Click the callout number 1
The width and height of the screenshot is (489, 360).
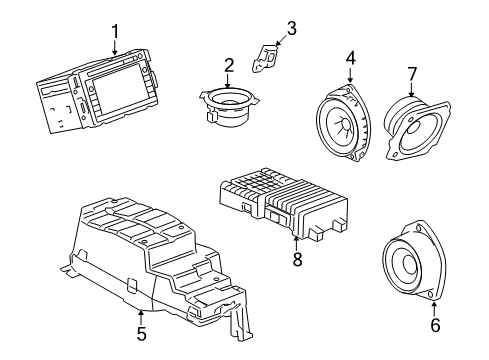click(x=116, y=32)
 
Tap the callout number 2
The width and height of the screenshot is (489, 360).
click(x=229, y=65)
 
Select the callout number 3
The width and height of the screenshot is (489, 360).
click(x=291, y=28)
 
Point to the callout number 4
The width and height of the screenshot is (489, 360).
click(x=350, y=59)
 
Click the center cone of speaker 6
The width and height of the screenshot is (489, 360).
click(x=412, y=263)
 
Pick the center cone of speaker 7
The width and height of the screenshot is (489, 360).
click(x=410, y=124)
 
